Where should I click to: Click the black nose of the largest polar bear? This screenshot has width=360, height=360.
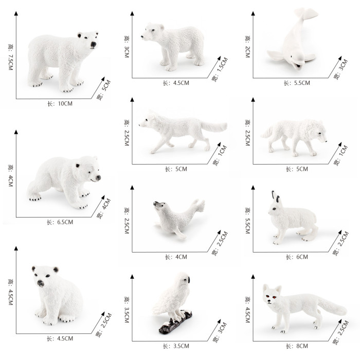[94, 44]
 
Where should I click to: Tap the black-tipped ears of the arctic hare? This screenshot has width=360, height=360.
[276, 197]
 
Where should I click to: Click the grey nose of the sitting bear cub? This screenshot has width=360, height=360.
[41, 283]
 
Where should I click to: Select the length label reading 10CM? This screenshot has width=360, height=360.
[60, 104]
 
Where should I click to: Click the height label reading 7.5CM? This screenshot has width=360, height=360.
[11, 57]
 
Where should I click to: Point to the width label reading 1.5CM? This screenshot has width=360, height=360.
[220, 69]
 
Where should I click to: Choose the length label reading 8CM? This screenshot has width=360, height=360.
[297, 346]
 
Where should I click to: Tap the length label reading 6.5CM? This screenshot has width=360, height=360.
[60, 222]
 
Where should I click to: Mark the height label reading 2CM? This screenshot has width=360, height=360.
[247, 47]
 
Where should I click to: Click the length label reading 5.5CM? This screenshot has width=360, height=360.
[297, 83]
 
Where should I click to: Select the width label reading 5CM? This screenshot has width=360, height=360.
[103, 90]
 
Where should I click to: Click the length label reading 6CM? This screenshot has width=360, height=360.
[297, 257]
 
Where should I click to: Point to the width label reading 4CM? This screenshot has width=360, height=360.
[103, 208]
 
